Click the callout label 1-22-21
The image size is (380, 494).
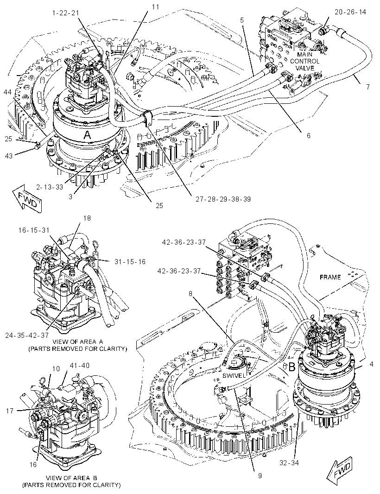pyautogui.click(x=65, y=13)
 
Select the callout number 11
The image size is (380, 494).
pyautogui.click(x=155, y=6)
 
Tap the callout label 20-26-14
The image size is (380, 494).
pyautogui.click(x=350, y=13)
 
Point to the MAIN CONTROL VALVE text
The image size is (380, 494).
pyautogui.click(x=304, y=61)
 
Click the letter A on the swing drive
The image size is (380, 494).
pyautogui.click(x=87, y=135)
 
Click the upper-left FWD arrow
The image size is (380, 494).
pyautogui.click(x=27, y=199)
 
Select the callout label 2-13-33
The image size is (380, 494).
pyautogui.click(x=50, y=187)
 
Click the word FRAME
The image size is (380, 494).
pyautogui.click(x=330, y=277)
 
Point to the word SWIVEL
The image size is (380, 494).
pyautogui.click(x=234, y=375)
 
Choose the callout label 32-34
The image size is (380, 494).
pyautogui.click(x=289, y=463)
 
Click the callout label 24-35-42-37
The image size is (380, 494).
pyautogui.click(x=27, y=335)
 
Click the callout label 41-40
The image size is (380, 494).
pyautogui.click(x=79, y=366)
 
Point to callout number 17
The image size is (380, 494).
pyautogui.click(x=10, y=411)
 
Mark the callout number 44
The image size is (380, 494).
pyautogui.click(x=8, y=92)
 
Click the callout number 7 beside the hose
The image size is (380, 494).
pyautogui.click(x=367, y=87)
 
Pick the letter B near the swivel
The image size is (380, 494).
pyautogui.click(x=292, y=367)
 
